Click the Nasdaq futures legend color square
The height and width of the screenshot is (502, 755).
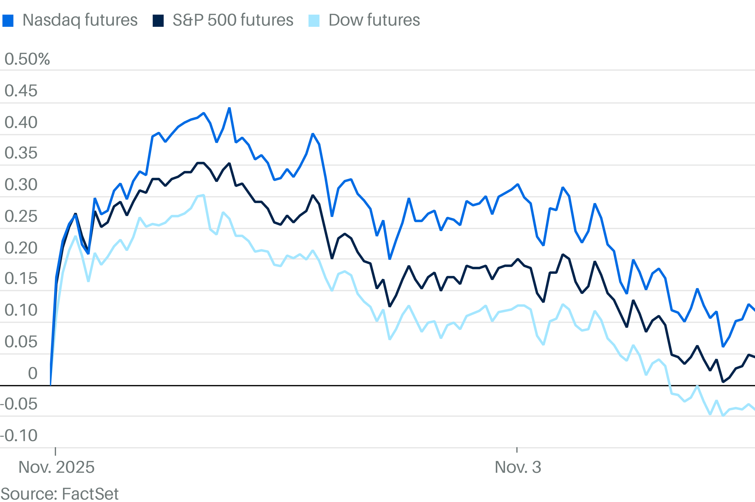click(8, 21)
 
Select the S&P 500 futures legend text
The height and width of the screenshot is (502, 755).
click(233, 20)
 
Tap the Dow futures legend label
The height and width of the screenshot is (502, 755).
click(374, 20)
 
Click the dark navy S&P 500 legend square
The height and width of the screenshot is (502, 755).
click(158, 21)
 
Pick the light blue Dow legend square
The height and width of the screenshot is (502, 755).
click(314, 21)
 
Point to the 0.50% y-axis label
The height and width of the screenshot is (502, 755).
click(27, 59)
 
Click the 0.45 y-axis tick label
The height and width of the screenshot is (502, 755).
click(21, 91)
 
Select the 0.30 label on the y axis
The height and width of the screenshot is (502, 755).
click(21, 185)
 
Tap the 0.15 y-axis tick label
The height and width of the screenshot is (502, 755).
click(21, 279)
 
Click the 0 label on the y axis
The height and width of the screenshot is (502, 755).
click(33, 373)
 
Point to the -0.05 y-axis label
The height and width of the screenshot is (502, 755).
click(19, 404)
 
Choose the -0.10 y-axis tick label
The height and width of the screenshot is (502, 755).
click(19, 435)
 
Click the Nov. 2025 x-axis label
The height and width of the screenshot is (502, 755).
click(56, 467)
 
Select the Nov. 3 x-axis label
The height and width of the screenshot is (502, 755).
click(518, 467)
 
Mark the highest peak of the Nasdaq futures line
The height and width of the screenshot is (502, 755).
click(229, 108)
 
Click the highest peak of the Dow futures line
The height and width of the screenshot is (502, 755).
click(204, 195)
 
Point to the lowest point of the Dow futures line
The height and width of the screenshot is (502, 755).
click(723, 416)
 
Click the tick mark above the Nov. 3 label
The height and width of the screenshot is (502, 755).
click(517, 450)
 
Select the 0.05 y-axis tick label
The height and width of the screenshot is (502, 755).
click(21, 342)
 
